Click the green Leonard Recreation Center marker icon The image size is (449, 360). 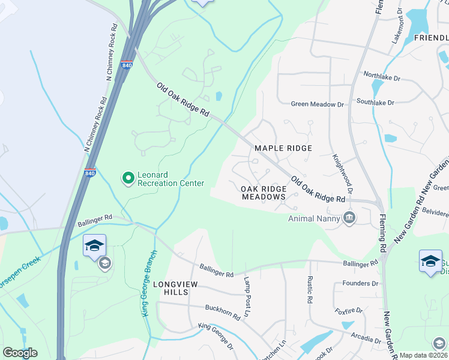127,178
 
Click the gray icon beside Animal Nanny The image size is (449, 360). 349,217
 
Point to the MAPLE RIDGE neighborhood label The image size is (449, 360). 283,148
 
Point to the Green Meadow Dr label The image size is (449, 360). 318,104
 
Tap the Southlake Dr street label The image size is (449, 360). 375,103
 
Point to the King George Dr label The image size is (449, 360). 216,336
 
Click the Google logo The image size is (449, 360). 20,353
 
